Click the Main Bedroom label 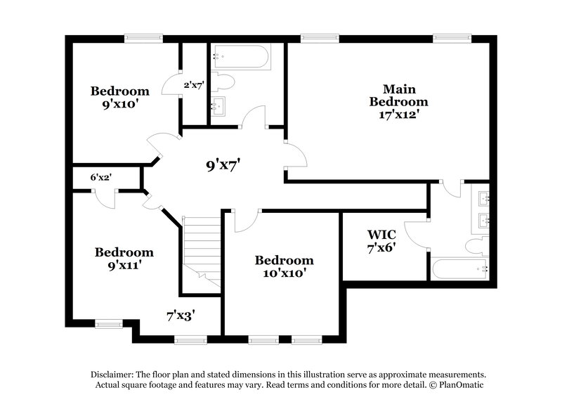[398, 96]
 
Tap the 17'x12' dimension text [398, 114]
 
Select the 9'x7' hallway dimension [223, 166]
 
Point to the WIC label [382, 234]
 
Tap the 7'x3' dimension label [180, 316]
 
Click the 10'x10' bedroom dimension [284, 273]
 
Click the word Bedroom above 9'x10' [120, 91]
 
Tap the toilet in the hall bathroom [223, 82]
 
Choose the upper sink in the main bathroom [484, 197]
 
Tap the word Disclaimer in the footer [114, 375]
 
